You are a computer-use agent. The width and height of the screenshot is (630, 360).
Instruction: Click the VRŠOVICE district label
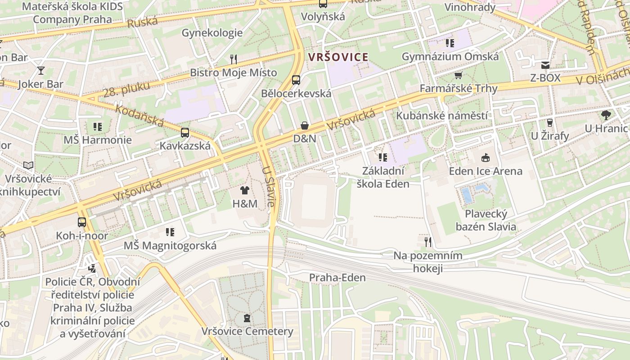click(338, 57)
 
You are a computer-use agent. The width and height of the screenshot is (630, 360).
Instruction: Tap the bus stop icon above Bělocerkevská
click(296, 80)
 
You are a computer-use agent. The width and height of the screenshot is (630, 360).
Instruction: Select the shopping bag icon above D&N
click(305, 126)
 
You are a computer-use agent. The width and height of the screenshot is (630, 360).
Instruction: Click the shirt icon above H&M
click(244, 190)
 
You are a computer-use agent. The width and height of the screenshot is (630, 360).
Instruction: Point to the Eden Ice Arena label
click(486, 171)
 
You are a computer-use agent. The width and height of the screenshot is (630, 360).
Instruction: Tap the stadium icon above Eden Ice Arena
click(486, 158)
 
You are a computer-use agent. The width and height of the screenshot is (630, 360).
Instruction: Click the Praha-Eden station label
click(337, 278)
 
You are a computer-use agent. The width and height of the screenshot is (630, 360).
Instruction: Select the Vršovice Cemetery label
click(247, 332)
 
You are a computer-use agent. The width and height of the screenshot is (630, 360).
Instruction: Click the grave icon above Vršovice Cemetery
click(247, 319)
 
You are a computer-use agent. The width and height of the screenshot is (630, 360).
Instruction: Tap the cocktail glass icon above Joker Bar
click(41, 71)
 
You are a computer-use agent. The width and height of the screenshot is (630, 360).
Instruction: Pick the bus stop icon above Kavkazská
click(185, 133)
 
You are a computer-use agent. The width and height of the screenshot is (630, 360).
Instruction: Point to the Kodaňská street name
click(139, 115)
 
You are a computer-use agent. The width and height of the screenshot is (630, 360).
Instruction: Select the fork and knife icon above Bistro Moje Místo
click(233, 59)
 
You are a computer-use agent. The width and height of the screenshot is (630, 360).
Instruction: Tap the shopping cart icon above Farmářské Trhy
click(458, 75)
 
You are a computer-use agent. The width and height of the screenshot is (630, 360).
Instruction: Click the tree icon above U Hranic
click(606, 115)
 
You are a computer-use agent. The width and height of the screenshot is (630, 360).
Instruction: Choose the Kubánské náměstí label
click(441, 116)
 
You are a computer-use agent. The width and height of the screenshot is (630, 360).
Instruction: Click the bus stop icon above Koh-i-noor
click(82, 222)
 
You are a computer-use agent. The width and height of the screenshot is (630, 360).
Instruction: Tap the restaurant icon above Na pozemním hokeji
click(427, 242)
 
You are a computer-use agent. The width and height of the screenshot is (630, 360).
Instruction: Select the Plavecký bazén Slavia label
click(486, 220)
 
